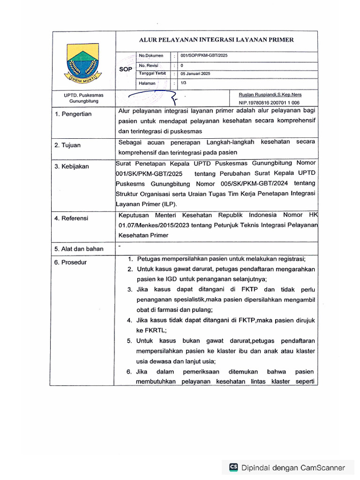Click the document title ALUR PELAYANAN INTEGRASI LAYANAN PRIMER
click(216, 40)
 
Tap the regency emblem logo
click(82, 63)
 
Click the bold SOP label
click(126, 68)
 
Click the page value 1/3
click(183, 83)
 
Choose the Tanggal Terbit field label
click(152, 74)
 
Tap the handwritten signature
click(150, 97)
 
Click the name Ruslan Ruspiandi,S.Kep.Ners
click(270, 95)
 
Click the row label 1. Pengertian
click(73, 114)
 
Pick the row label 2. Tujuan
click(67, 145)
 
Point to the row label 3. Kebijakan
click(72, 166)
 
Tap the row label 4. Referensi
click(71, 218)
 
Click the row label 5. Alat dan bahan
click(79, 249)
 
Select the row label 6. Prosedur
click(70, 262)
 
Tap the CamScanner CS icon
click(233, 467)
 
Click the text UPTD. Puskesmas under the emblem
click(84, 95)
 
